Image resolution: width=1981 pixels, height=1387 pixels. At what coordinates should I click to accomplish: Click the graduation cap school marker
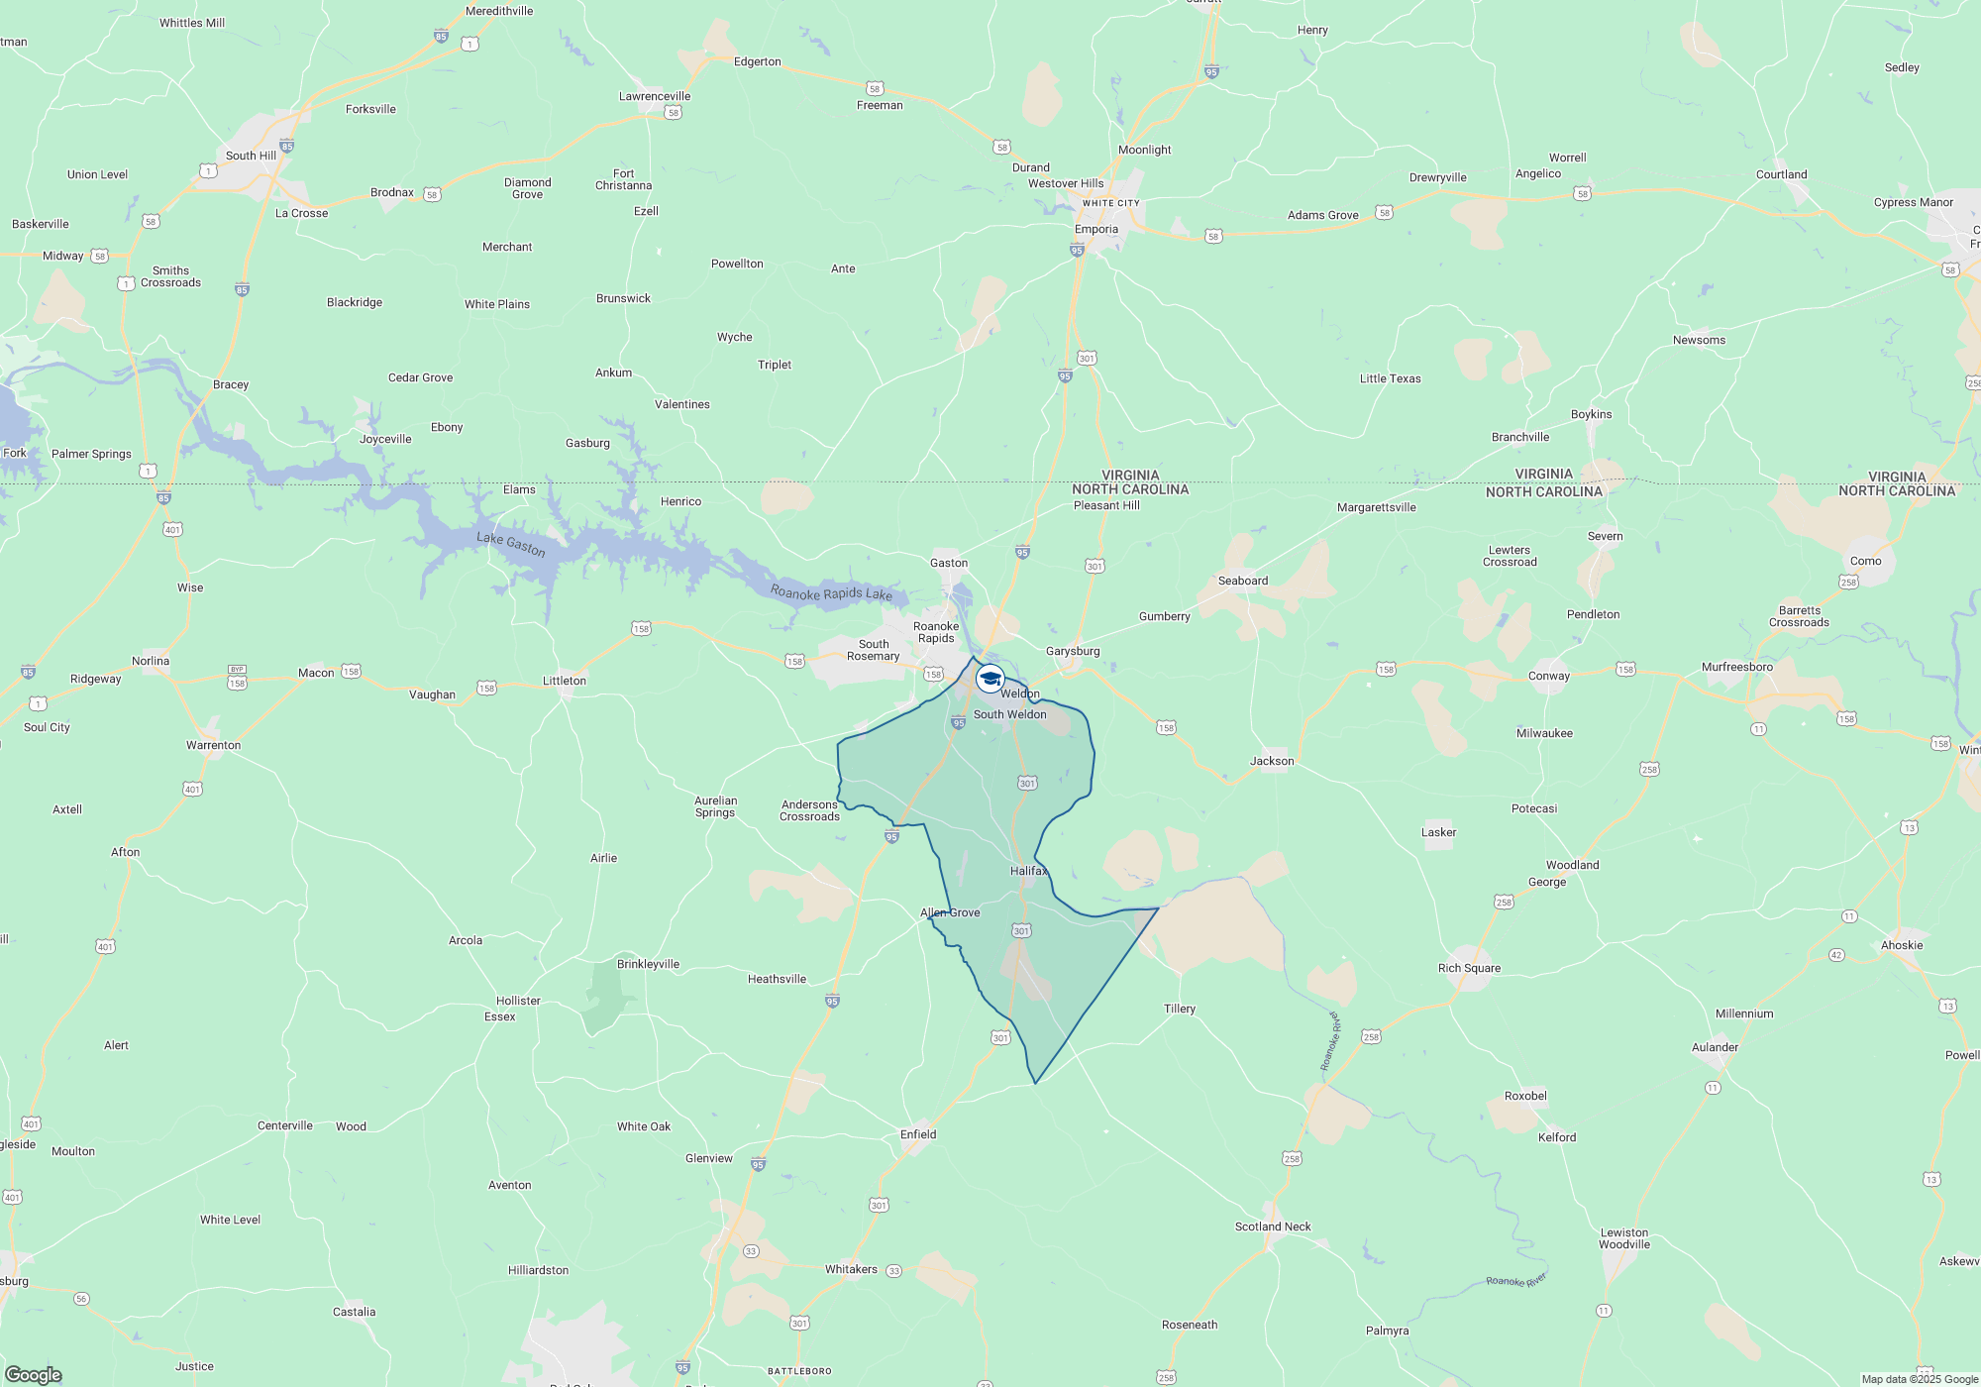(x=990, y=679)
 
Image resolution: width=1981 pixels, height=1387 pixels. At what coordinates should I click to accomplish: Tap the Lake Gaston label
(x=510, y=544)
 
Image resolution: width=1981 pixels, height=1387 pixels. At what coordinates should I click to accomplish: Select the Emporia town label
(x=1096, y=230)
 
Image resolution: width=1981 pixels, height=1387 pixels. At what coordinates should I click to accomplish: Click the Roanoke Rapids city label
(x=936, y=632)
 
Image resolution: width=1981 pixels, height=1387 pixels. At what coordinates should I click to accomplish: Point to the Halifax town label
(x=1028, y=871)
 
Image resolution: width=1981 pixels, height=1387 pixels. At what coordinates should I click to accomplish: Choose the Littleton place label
(x=565, y=681)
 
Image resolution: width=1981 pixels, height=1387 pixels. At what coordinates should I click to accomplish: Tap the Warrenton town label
(x=213, y=745)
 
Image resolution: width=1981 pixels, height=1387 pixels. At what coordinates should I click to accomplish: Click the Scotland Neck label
(x=1273, y=1227)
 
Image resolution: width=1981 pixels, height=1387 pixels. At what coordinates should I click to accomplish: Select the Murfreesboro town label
(x=1737, y=667)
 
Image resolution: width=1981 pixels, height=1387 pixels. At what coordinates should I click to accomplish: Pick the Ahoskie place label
(x=1902, y=945)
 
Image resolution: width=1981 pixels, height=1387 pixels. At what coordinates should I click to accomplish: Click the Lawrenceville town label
(x=655, y=96)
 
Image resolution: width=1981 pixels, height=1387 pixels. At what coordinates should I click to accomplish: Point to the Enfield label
(x=918, y=1134)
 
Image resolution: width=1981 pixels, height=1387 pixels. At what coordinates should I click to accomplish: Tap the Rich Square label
(x=1469, y=968)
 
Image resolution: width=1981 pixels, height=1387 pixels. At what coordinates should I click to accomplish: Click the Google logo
(x=34, y=1374)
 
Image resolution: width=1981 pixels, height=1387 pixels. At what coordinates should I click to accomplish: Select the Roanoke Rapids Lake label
(x=831, y=593)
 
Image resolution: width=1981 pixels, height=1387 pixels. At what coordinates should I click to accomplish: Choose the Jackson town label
(x=1272, y=761)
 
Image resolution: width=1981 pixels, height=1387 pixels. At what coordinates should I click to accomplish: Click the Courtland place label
(x=1781, y=174)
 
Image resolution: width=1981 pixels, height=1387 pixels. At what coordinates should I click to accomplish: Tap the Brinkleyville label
(x=648, y=964)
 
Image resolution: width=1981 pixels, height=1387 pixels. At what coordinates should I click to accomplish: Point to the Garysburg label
(x=1073, y=651)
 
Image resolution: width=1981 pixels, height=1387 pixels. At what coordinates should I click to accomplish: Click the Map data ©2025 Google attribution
(x=1919, y=1379)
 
